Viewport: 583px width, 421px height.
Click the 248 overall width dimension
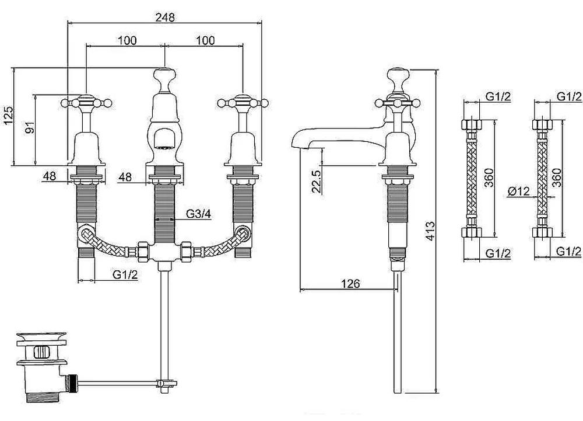coord(165,17)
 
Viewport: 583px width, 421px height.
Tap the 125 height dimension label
coord(8,116)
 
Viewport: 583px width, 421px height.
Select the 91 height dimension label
coord(30,127)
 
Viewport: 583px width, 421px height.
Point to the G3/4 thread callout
coord(199,214)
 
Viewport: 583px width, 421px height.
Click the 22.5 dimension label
coord(317,182)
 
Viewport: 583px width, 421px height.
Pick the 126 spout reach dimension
coord(350,284)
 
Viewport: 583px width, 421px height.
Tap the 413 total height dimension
coord(430,231)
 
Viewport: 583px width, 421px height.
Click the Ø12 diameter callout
coord(518,191)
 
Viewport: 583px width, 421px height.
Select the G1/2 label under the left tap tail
coord(125,274)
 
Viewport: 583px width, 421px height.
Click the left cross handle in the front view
coord(86,102)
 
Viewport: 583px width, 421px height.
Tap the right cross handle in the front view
coord(243,102)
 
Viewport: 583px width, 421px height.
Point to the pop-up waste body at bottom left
coord(41,367)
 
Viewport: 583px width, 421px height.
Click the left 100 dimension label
coord(127,40)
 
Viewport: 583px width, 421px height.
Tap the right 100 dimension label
coord(205,40)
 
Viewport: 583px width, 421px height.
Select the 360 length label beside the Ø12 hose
coord(556,178)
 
